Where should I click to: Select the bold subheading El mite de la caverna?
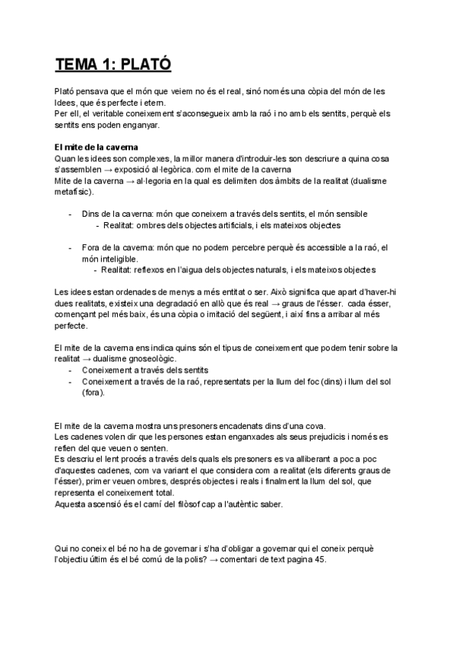point(97,146)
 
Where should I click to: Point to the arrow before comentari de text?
point(232,560)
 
